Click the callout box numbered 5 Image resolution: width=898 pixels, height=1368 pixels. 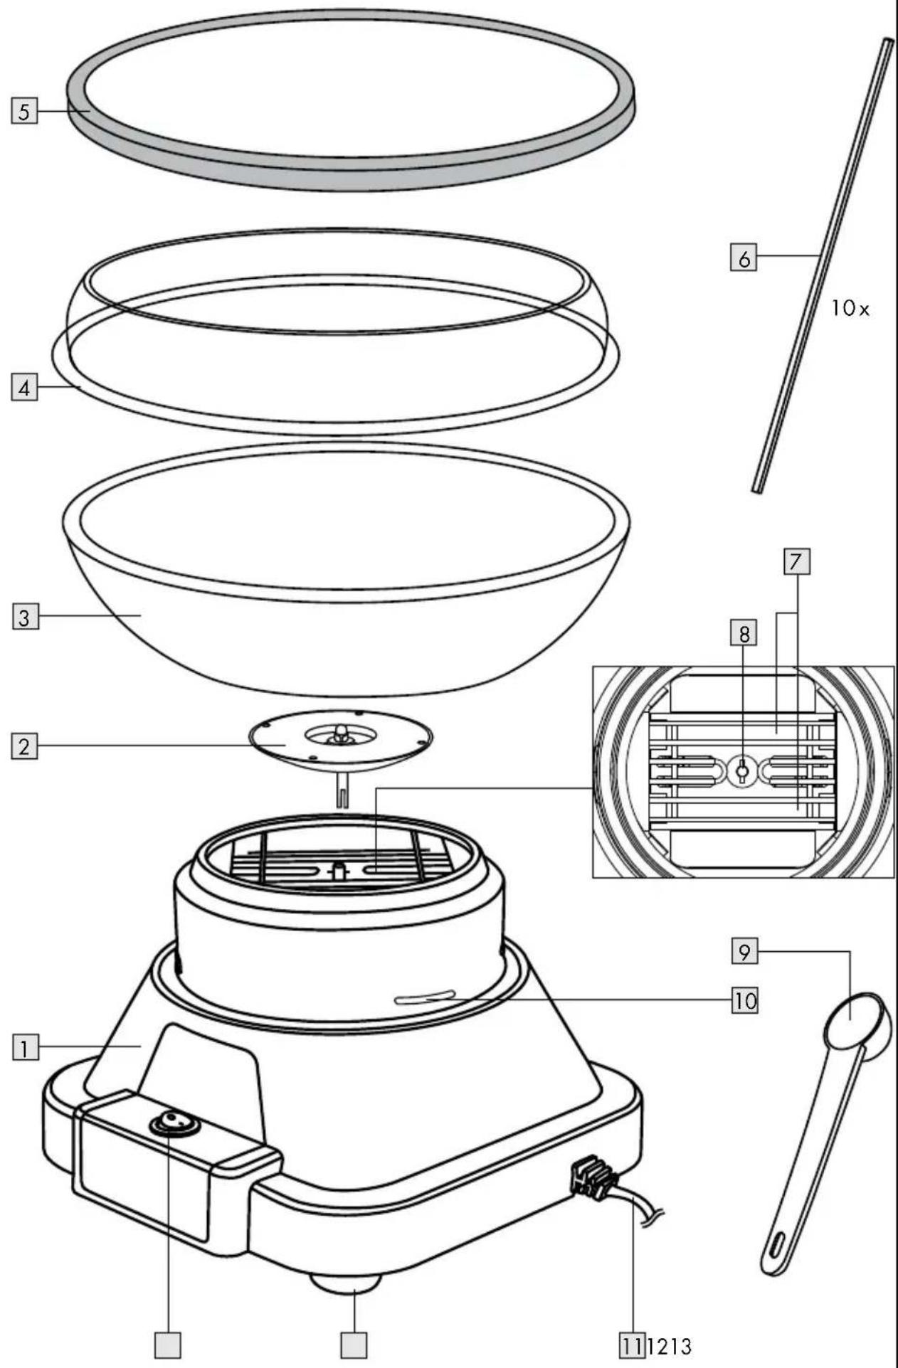pos(24,112)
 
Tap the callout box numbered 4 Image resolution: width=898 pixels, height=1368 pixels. pos(24,388)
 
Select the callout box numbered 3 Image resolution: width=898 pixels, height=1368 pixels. pos(24,617)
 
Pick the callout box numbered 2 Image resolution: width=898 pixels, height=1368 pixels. pos(24,747)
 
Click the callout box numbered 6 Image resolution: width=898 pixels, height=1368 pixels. pos(744,258)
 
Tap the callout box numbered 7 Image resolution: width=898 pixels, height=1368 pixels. pos(797,562)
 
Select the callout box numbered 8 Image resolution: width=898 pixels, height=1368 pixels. pos(744,632)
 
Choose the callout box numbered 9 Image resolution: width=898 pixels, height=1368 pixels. pos(744,952)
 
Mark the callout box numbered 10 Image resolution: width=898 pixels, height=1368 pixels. pos(745,1001)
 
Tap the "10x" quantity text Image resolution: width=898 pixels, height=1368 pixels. pos(850,309)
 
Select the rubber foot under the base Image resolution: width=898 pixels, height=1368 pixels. pos(346,1282)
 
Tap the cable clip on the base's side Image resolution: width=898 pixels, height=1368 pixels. pos(590,1174)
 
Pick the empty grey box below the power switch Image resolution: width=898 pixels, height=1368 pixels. pos(168,1345)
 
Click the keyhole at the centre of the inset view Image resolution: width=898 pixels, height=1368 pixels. pos(742,770)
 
